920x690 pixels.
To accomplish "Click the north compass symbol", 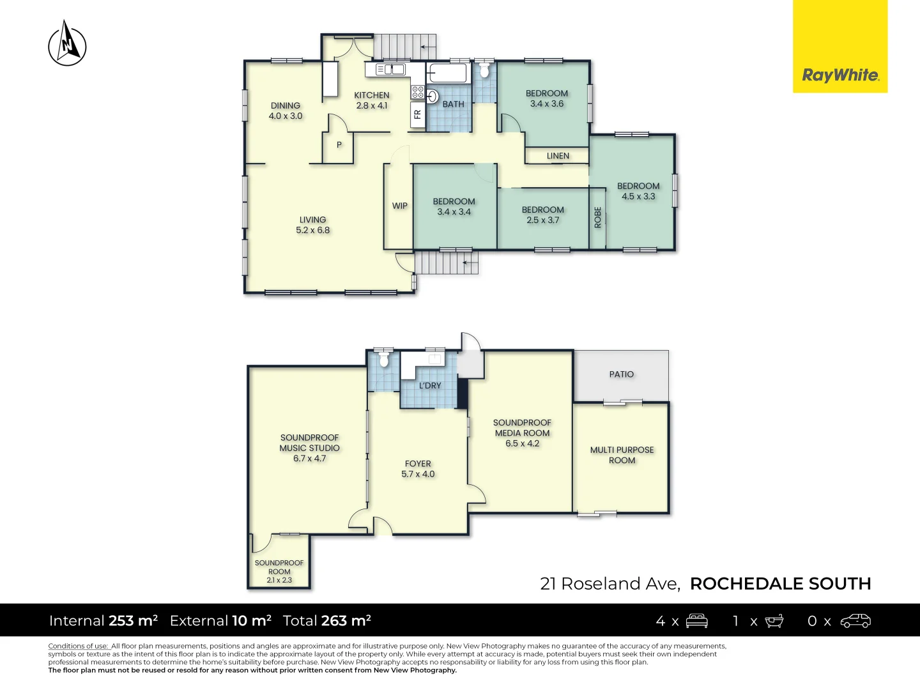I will (x=67, y=43).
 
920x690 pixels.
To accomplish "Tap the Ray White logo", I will (x=840, y=75).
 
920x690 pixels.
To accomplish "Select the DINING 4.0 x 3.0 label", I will (x=286, y=111).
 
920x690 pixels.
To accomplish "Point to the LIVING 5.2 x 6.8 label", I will (x=313, y=225).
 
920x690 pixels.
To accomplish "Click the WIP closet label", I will (x=400, y=206).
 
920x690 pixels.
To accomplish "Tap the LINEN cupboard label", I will (x=558, y=156).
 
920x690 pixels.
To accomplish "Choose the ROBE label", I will (x=598, y=217).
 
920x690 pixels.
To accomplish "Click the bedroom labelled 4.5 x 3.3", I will (x=638, y=191).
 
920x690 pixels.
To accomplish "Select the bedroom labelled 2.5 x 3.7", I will (x=543, y=215).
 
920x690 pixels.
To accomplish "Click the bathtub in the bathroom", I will (x=448, y=73).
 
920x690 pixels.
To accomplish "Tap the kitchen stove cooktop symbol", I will (x=418, y=92).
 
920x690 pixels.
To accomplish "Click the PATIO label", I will (x=622, y=374).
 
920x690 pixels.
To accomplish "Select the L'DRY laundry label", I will (x=430, y=386).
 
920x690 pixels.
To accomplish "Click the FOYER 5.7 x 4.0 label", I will (x=418, y=469).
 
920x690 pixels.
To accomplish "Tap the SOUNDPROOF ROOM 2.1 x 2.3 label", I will (x=279, y=571).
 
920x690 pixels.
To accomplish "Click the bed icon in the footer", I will (x=696, y=620).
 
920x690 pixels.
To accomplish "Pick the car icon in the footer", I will (x=855, y=620).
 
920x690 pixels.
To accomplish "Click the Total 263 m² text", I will (x=327, y=620).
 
